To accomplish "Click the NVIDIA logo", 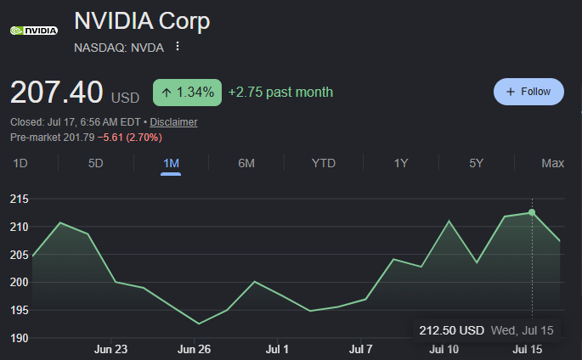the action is point(34,31).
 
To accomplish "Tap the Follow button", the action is point(528,92).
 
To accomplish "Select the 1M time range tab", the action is point(171,163).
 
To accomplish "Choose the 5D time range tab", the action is point(95,163).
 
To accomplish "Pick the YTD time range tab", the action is point(324,163).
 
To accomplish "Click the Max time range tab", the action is point(552,163).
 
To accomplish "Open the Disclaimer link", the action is point(173,122).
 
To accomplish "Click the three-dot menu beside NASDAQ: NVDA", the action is point(178,47).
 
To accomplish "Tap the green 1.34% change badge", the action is point(187,93).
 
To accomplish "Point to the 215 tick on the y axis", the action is point(19,199).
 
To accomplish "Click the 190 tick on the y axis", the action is point(19,338).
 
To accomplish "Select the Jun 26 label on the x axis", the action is point(194,349).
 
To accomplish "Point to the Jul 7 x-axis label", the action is point(360,349).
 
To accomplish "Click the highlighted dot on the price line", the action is point(532,212).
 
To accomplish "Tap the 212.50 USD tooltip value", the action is point(451,330).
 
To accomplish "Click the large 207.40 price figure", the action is point(56,92).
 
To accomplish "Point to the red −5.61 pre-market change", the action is point(110,138).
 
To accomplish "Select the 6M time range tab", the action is point(246,163).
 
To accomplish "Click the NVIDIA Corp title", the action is point(142,20).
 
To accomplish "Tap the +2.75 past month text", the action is point(280,93).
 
